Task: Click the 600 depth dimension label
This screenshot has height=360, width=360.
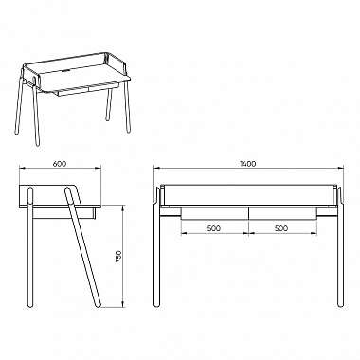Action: pos(60,164)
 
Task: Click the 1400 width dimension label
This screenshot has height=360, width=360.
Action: pos(248,164)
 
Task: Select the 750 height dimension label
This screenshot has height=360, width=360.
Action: pos(118,257)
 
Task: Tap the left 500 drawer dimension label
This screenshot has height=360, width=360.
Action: pos(214,228)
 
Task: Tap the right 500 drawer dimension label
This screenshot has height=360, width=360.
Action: pos(281,228)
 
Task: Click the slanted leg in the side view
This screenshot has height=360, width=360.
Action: pos(82,247)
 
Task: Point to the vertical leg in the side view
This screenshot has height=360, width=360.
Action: pos(30,247)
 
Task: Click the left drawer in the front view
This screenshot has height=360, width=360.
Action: pos(215,213)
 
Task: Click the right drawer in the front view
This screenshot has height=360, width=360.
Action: pos(282,213)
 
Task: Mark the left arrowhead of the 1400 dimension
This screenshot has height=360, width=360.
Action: pos(156,169)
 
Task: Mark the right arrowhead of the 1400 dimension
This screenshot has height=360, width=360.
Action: pos(340,169)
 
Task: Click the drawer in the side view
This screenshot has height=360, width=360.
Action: pos(63,213)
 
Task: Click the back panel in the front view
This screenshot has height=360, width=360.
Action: pos(248,195)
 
